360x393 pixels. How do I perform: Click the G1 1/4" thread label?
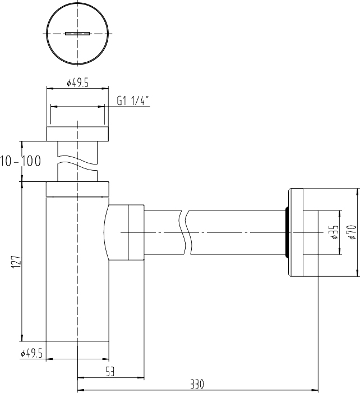point(133,100)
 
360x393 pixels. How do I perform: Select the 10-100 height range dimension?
point(20,161)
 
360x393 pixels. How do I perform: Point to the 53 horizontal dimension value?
point(110,372)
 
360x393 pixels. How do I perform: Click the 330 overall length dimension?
point(197,384)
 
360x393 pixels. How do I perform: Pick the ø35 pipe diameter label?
point(335,232)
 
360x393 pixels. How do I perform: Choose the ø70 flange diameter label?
point(352,232)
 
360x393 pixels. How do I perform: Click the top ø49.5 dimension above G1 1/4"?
point(77,83)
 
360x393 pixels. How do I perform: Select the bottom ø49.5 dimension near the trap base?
point(31,354)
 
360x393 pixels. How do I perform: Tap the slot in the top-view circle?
point(77,34)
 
